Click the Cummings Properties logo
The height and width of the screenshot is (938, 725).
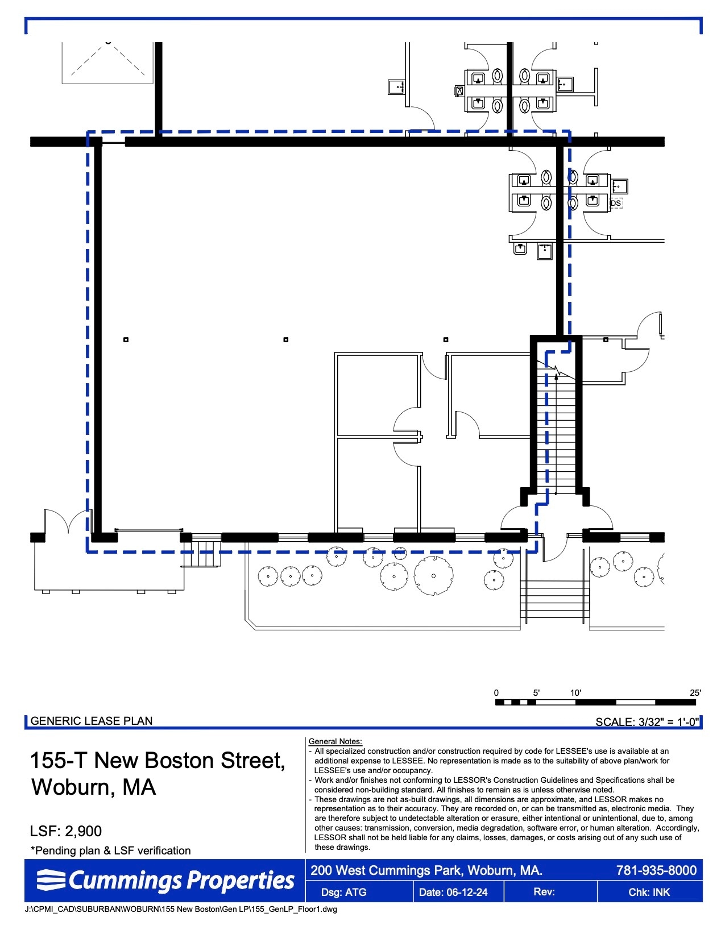point(165,881)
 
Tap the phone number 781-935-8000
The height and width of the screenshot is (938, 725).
point(656,870)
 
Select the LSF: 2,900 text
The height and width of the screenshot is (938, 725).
point(66,831)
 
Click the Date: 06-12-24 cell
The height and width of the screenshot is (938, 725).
point(453,892)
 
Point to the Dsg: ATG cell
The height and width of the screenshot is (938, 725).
point(343,892)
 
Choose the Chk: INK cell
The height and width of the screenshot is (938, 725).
point(649,892)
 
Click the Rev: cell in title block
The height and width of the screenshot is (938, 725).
point(544,891)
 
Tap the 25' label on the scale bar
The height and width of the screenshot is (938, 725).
point(695,692)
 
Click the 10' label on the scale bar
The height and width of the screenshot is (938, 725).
point(575,692)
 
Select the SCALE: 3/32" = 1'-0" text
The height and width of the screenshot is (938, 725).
point(647,722)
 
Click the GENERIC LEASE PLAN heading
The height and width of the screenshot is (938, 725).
point(92,721)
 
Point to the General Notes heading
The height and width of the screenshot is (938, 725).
point(335,741)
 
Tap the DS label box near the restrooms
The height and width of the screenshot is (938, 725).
point(616,203)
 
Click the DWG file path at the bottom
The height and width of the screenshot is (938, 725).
point(181,909)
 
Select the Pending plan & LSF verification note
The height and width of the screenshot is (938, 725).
point(111,850)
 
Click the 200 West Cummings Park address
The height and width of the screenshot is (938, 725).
point(426,870)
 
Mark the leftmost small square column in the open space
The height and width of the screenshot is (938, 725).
point(126,340)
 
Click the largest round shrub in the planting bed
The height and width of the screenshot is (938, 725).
point(433,575)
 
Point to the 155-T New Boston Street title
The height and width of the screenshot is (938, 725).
point(157,761)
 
